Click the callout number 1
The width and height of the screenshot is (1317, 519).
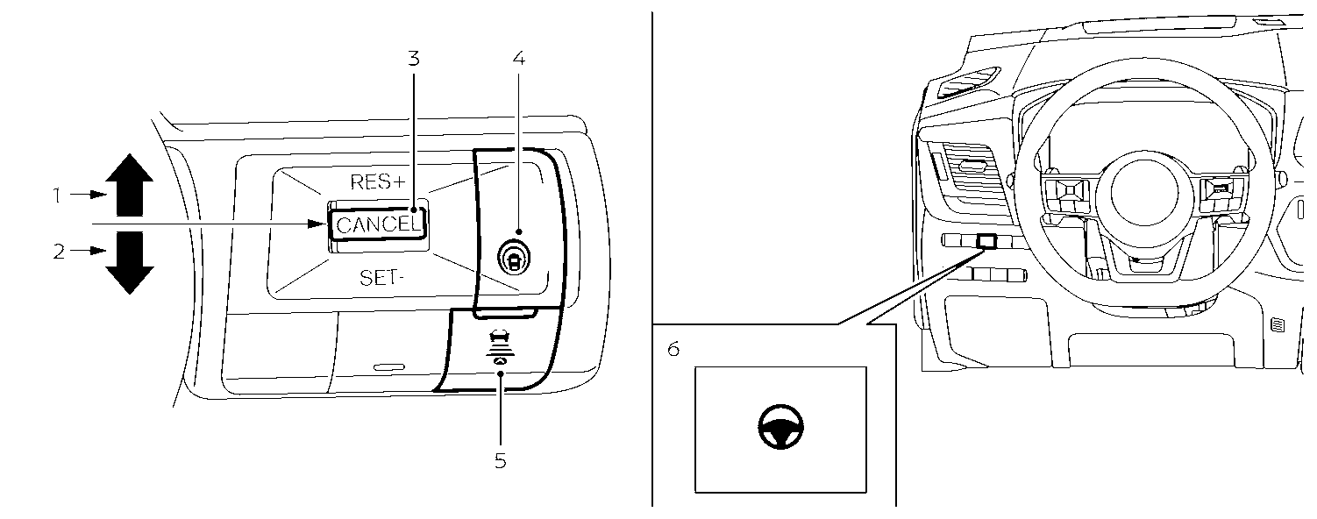[x=57, y=195]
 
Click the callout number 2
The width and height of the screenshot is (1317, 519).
[x=59, y=252]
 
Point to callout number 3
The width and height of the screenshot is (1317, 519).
[x=414, y=59]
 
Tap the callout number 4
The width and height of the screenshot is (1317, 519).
[x=518, y=59]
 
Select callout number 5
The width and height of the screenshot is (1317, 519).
[x=500, y=460]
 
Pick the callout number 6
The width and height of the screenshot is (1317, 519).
[x=673, y=349]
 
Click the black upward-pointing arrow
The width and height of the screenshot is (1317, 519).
[x=129, y=184]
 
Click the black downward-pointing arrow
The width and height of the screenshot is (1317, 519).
[x=129, y=262]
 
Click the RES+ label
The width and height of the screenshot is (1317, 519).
[x=379, y=182]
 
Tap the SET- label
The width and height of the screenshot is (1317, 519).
[x=380, y=279]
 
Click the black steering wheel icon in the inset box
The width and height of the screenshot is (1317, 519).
[x=780, y=428]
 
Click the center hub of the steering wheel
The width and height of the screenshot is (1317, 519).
[x=1138, y=194]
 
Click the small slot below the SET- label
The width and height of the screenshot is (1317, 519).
[x=389, y=366]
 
